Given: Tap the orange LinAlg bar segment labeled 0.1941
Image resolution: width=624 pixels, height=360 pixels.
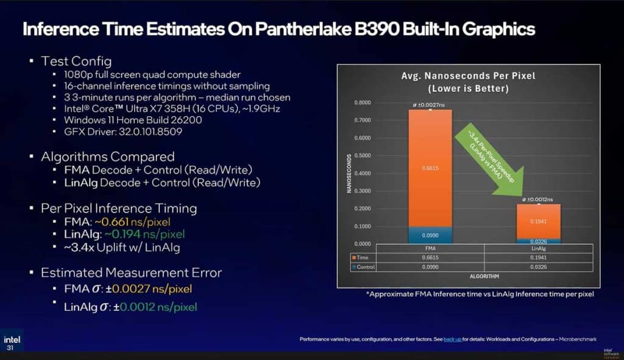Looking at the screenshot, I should pos(538,221).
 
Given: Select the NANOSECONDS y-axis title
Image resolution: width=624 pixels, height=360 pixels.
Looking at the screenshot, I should pos(349,174).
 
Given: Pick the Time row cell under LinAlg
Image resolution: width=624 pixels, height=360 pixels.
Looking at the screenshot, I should pos(538,258).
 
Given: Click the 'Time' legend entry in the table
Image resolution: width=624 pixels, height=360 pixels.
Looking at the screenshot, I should pos(364,258).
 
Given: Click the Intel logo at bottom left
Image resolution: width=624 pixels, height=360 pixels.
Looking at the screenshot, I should pos(10,339).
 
